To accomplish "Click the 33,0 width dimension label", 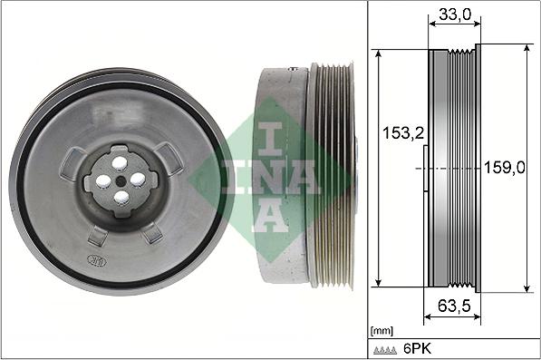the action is click(455, 15).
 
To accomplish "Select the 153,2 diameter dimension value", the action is click(403, 133).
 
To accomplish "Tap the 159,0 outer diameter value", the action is click(505, 168).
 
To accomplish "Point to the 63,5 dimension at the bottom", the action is click(454, 305).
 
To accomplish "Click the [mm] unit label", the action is click(382, 331).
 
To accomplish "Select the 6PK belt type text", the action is click(417, 348).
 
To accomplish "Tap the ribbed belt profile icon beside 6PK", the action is click(385, 350).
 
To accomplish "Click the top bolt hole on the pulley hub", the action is click(120, 163).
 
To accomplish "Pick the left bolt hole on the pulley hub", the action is click(103, 181).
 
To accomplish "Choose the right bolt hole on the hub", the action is click(138, 180).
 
